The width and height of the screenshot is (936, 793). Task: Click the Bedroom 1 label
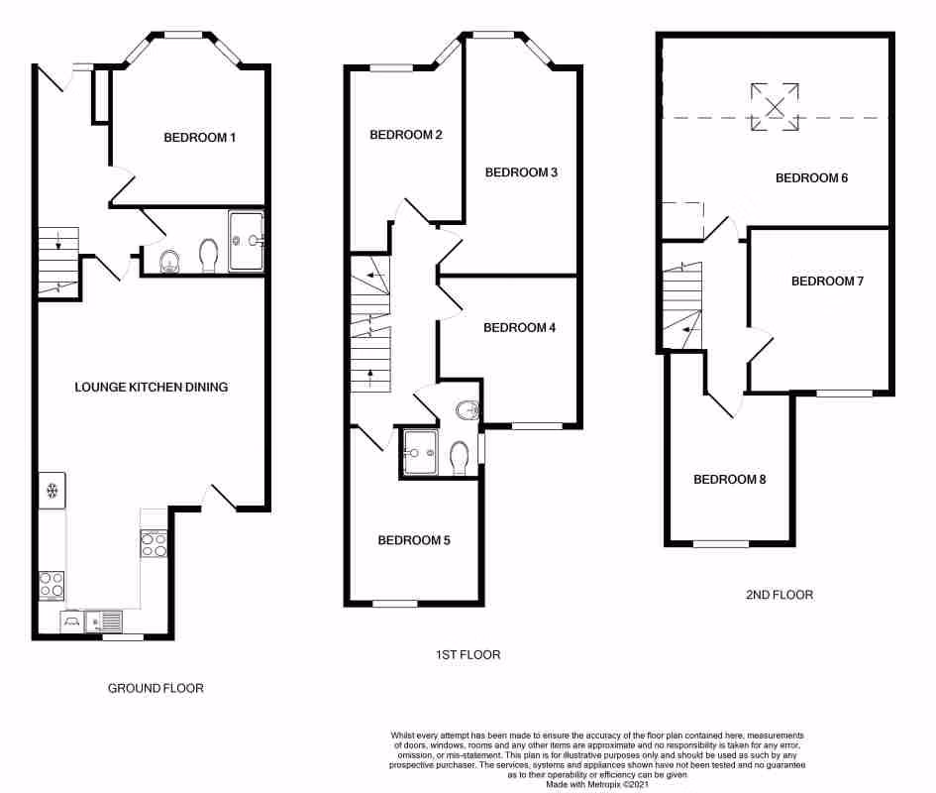click(x=200, y=138)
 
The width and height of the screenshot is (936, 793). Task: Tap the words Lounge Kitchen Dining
click(x=152, y=387)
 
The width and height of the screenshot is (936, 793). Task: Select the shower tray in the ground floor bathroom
click(x=247, y=241)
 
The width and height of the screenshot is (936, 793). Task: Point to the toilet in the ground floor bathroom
click(x=209, y=256)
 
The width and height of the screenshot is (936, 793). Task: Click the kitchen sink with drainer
click(x=103, y=622)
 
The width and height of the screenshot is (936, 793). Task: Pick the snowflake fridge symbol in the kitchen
click(x=52, y=490)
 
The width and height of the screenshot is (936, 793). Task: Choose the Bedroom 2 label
click(x=406, y=135)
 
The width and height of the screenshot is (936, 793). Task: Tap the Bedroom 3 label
click(x=521, y=172)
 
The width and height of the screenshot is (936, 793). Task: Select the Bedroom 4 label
click(x=520, y=328)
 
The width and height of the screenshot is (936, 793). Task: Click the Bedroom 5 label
click(x=414, y=540)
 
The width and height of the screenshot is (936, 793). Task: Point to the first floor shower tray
click(x=421, y=452)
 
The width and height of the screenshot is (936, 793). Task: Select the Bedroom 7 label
click(x=827, y=282)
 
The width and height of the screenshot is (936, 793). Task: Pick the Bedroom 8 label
click(x=729, y=480)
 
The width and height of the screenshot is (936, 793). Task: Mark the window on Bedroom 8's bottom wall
click(x=720, y=543)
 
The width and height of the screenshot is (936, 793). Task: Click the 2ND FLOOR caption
click(x=780, y=595)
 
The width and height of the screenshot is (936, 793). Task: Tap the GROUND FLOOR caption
click(x=156, y=688)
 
